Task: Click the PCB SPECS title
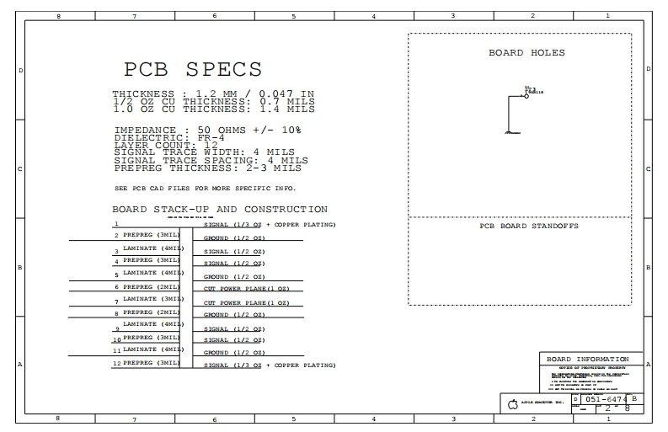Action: click(193, 69)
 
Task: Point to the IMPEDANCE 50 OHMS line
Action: click(207, 130)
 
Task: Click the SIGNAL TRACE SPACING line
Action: click(211, 160)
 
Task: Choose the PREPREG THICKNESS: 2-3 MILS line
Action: click(206, 168)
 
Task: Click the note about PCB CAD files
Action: click(205, 188)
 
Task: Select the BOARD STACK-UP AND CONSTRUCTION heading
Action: click(220, 209)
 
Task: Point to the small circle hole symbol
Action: click(526, 96)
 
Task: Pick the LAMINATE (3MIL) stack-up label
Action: click(152, 298)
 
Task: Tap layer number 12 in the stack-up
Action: click(116, 363)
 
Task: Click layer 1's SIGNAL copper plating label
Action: click(270, 225)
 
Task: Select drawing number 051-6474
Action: click(606, 399)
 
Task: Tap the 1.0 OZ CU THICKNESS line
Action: click(214, 109)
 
